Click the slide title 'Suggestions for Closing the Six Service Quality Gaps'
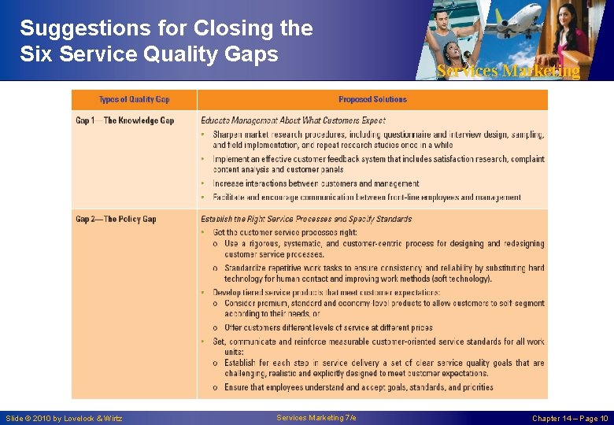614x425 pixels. coord(166,41)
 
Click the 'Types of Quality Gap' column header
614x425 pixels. coord(134,99)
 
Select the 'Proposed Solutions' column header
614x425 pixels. coord(372,99)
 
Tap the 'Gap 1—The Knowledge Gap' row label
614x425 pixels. coord(124,120)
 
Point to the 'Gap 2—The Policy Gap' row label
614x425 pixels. coord(116,219)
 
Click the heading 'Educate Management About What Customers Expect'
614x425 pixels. coord(293,120)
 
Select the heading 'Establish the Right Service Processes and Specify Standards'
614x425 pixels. coord(306,219)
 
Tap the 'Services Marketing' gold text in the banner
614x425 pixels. coord(508,71)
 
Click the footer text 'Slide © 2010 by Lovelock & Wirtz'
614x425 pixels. coord(64,418)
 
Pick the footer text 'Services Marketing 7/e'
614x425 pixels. coord(316,417)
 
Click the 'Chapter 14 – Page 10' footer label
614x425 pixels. coord(570,418)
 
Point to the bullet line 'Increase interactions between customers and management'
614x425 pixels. coord(316,183)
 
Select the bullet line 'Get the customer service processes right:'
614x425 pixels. coord(286,232)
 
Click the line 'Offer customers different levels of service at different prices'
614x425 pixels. coord(328,327)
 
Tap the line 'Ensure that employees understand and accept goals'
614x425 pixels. coord(358,387)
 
